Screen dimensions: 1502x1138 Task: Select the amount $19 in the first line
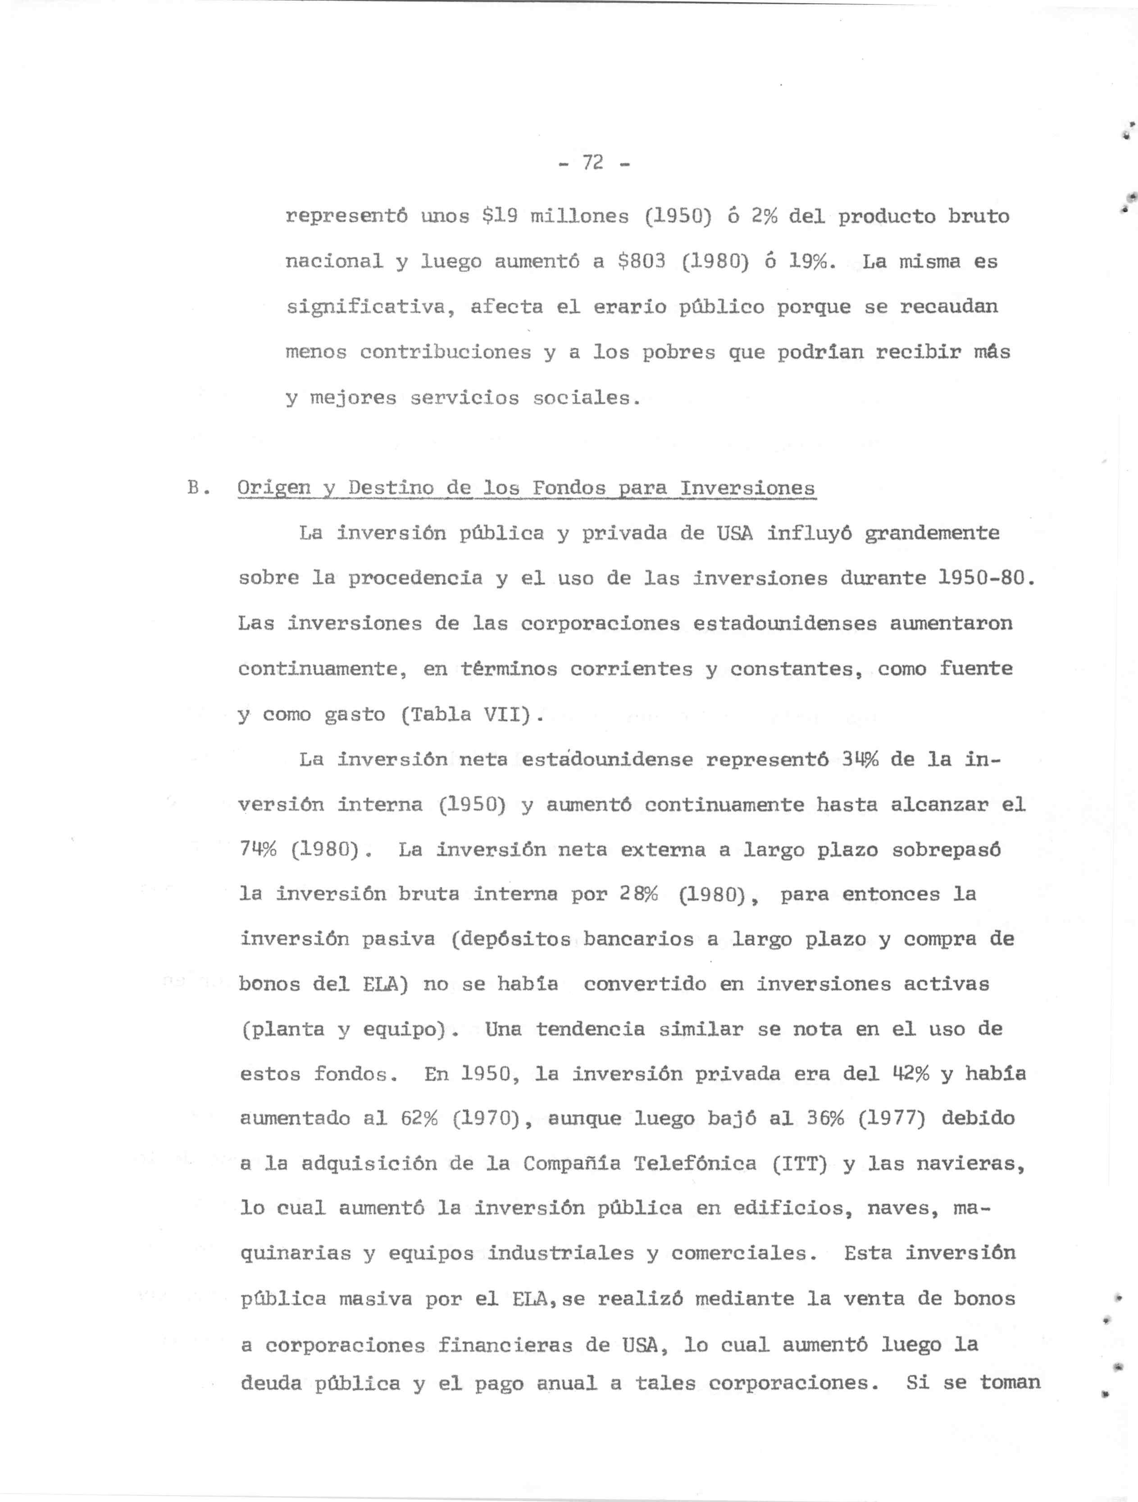click(499, 217)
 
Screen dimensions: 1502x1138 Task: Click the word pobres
click(678, 352)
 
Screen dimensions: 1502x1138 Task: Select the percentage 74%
click(258, 850)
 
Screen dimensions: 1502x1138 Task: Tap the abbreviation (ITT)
click(800, 1164)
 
